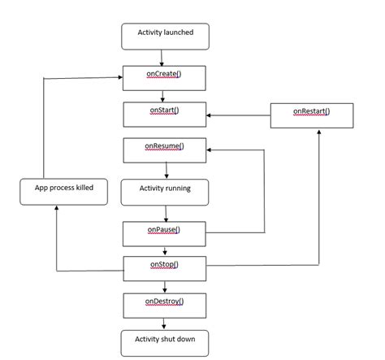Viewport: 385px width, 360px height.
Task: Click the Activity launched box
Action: coord(165,36)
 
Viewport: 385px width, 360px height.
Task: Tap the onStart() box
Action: coord(165,114)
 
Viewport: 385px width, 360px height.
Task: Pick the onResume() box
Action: coord(165,150)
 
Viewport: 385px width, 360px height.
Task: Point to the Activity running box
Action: coord(165,192)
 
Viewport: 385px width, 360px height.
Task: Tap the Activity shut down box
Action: coord(165,340)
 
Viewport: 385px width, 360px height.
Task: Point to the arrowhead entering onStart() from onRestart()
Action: coord(210,115)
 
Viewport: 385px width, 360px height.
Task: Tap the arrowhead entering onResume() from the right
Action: coord(210,150)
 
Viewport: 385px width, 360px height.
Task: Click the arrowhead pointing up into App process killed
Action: coord(57,209)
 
